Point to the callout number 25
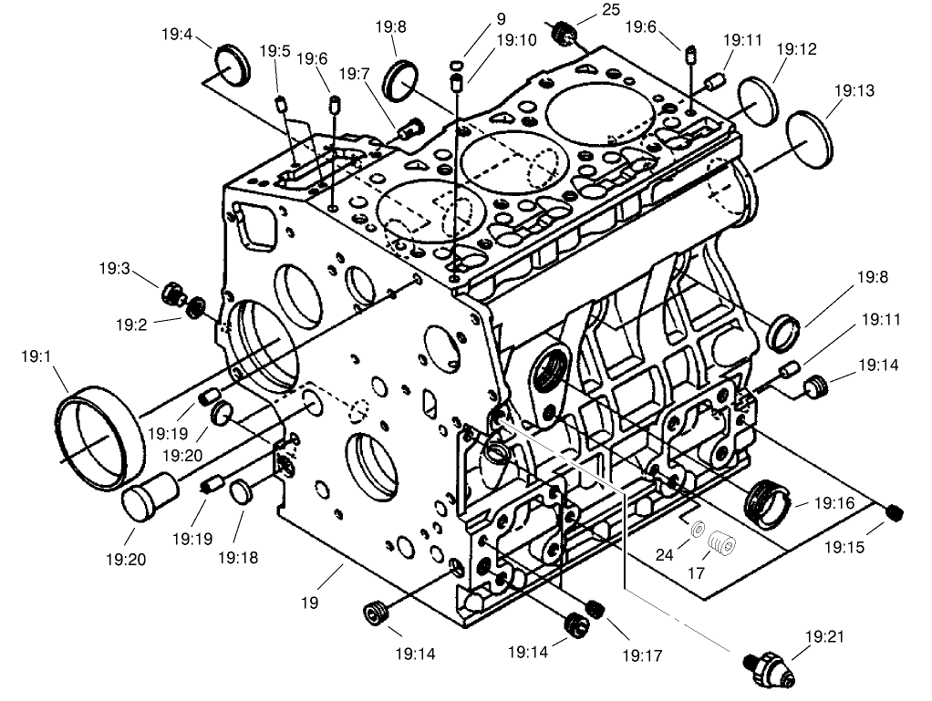pos(609,10)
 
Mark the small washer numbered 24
pos(698,530)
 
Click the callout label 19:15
pos(844,548)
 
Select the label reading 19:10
pos(517,40)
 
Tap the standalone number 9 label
pos(501,18)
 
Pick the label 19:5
pos(274,51)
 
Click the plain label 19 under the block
pos(310,602)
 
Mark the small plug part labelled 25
pos(564,34)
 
